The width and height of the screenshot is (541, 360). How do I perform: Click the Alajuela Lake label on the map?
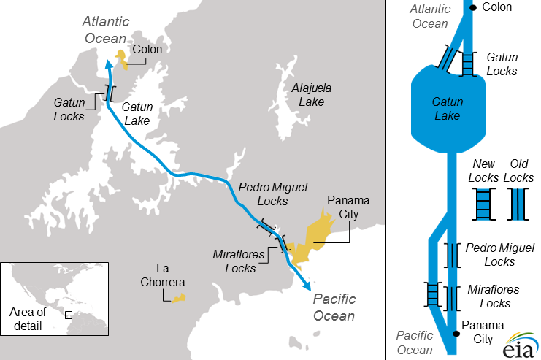tap(312, 95)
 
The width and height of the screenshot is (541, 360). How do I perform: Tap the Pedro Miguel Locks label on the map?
tap(263, 194)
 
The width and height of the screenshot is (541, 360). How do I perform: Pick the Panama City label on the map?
tap(348, 209)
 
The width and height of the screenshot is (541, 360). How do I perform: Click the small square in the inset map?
tap(69, 315)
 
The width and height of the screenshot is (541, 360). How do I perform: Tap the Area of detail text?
tap(28, 318)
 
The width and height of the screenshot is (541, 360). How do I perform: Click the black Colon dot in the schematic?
tap(473, 8)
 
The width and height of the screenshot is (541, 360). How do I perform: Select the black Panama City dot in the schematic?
tap(456, 334)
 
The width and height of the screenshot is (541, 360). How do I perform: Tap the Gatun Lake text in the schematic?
tap(447, 109)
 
